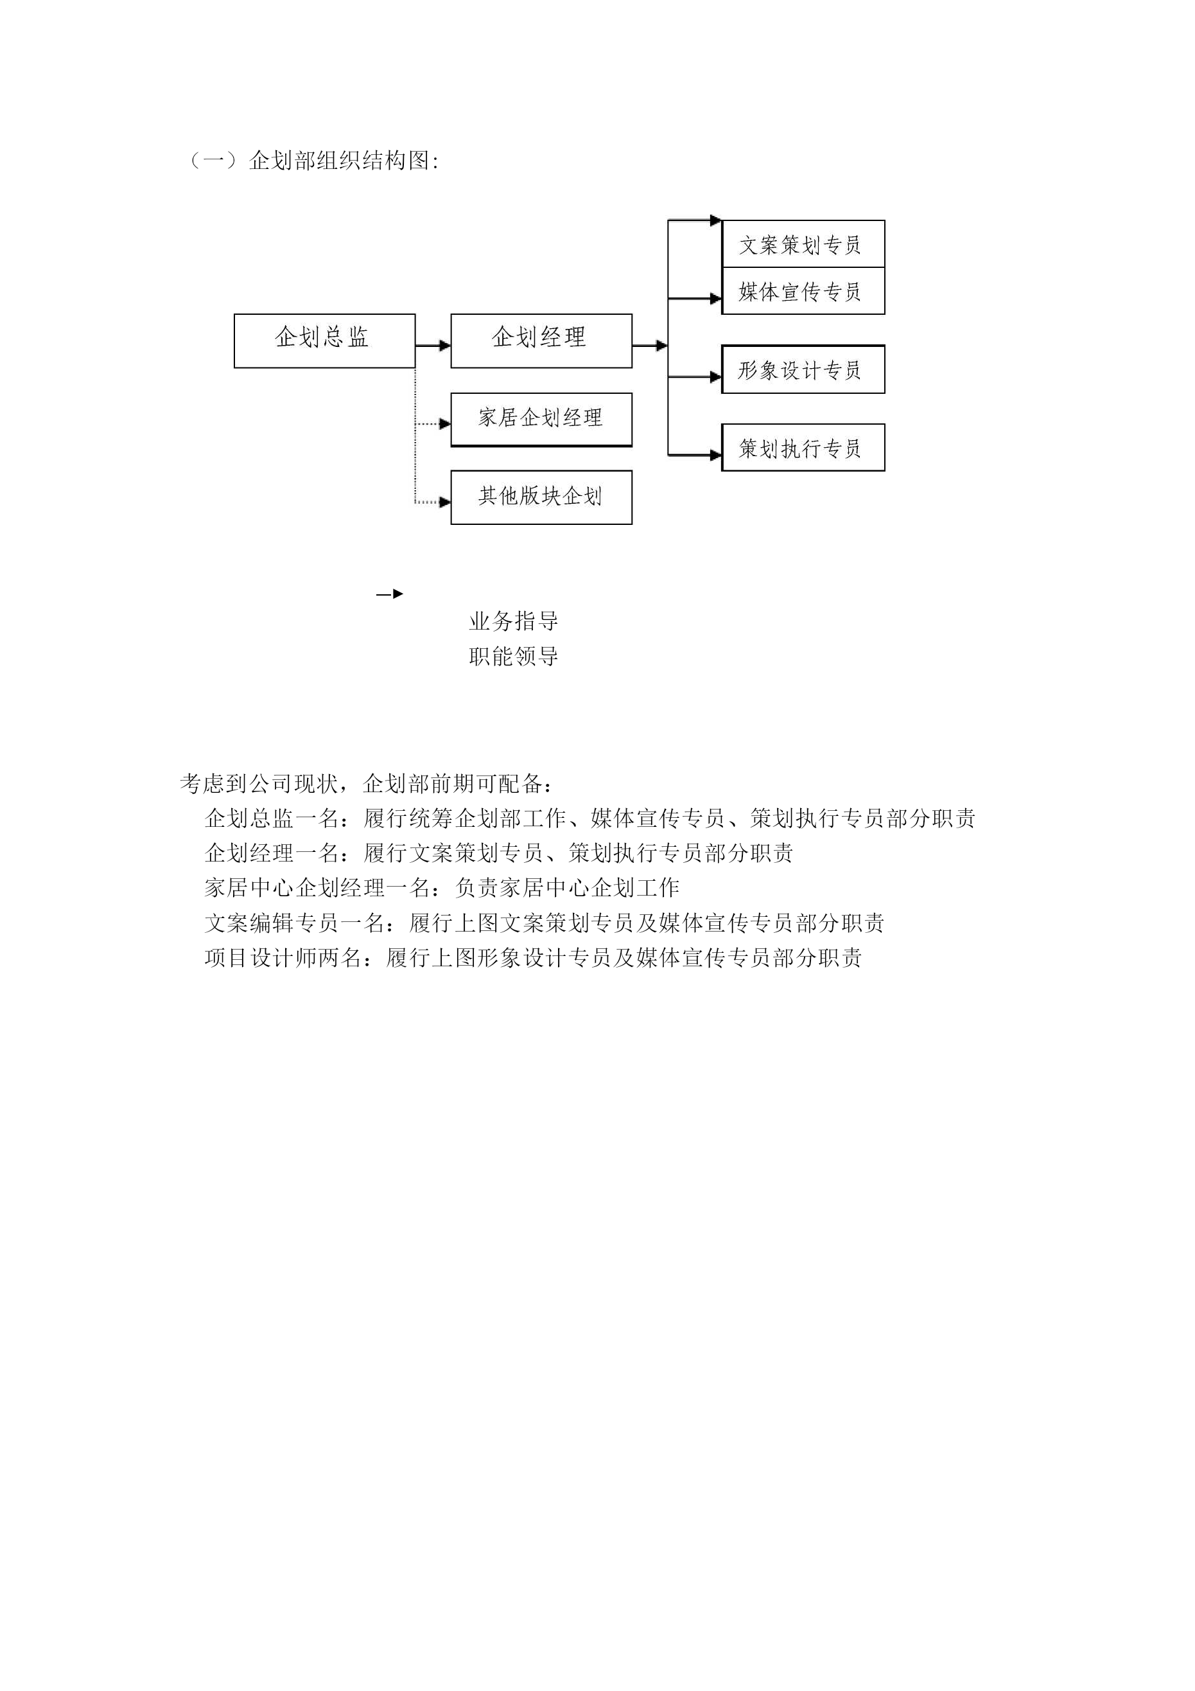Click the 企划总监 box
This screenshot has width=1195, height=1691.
(x=325, y=341)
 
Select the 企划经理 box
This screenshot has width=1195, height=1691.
(x=541, y=341)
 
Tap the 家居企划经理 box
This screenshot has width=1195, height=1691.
(x=541, y=420)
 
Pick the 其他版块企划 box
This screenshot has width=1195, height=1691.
(x=541, y=497)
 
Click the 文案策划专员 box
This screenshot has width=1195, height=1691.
(x=803, y=243)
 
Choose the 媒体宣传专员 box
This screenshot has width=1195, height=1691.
(x=803, y=291)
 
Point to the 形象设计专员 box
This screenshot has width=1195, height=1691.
(x=803, y=369)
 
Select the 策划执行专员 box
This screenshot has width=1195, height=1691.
(x=803, y=448)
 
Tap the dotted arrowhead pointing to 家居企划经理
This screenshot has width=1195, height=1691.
(x=445, y=423)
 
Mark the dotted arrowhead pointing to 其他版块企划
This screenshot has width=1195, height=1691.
(x=445, y=502)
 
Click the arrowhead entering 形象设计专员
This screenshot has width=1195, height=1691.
(x=716, y=377)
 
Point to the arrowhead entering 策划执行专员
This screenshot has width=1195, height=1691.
(x=716, y=455)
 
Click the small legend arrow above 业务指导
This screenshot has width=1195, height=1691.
(x=390, y=594)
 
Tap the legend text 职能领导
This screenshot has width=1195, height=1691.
(x=514, y=656)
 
